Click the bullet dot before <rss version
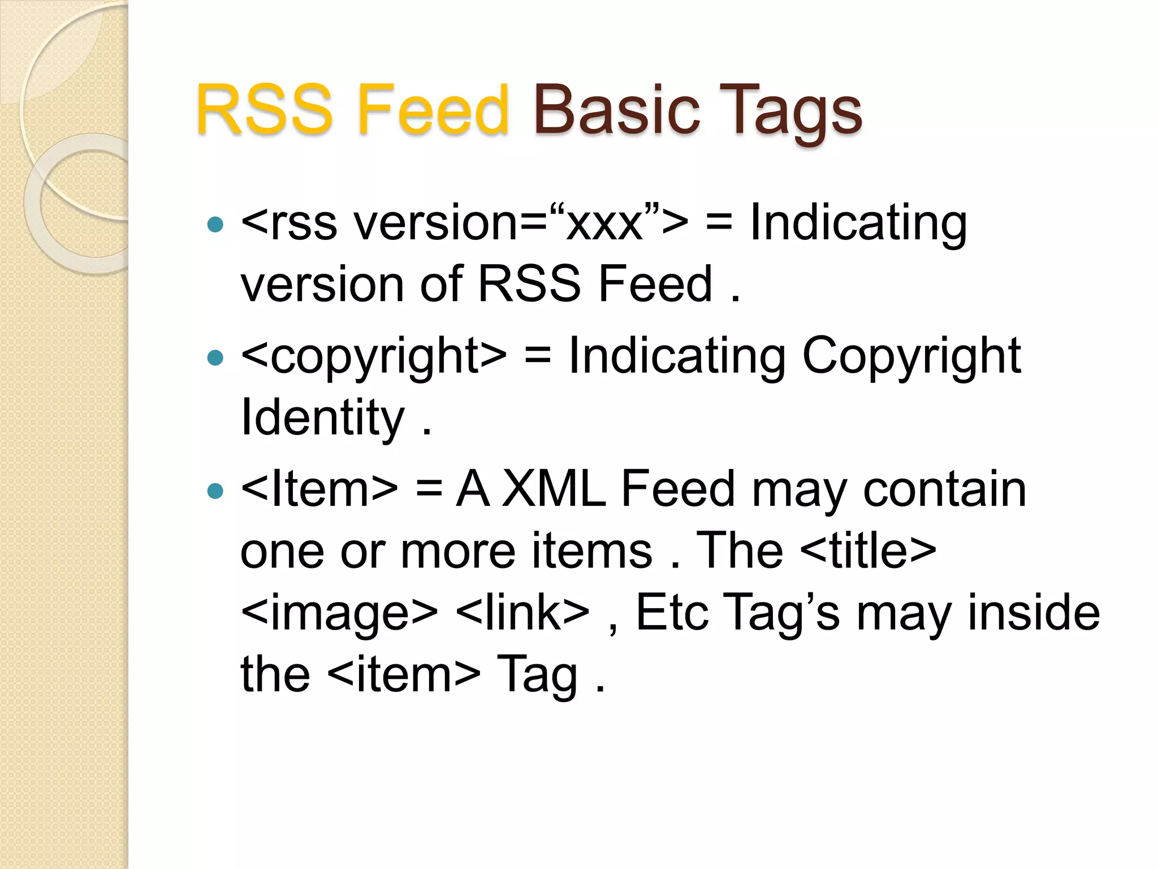pos(215,225)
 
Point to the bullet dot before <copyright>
pos(215,358)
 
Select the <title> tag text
pos(868,550)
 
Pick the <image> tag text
pos(339,613)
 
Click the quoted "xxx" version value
pos(604,223)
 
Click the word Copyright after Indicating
pos(911,356)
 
